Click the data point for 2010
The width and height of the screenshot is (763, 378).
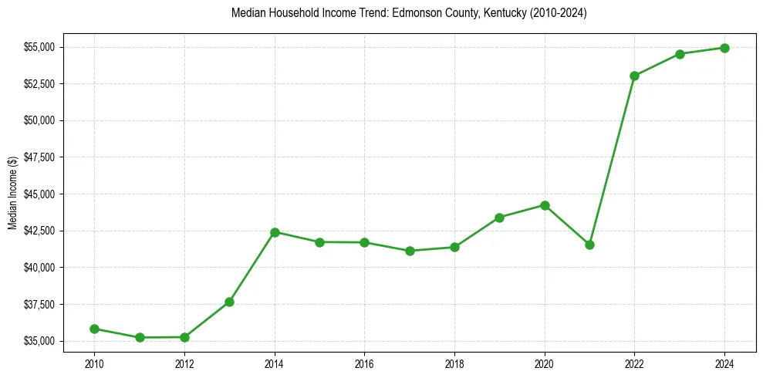[x=94, y=329]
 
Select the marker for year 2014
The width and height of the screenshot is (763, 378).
[x=275, y=232]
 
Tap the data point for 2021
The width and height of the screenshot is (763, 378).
[x=589, y=245]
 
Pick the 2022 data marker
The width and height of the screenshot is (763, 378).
[x=634, y=76]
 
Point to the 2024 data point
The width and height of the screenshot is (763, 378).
[x=724, y=48]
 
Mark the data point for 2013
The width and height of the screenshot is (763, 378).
[x=229, y=302]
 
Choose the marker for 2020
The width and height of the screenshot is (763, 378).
[x=545, y=205]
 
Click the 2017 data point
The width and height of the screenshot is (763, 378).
[x=410, y=251]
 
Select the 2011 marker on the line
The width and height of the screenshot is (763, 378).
[x=140, y=337]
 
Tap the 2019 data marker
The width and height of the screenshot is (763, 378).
[x=499, y=218]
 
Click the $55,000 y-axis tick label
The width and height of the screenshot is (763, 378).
[x=39, y=47]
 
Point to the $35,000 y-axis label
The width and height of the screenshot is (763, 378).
[x=39, y=341]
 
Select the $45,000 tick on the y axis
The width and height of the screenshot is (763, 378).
[x=39, y=194]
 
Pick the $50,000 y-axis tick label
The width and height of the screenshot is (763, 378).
[x=39, y=120]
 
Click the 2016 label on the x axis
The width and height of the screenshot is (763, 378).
[x=364, y=363]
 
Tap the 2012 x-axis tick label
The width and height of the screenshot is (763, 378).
[x=184, y=363]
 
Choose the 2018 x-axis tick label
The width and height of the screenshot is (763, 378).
[x=454, y=363]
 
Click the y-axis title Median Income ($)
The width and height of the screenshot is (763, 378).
[x=13, y=193]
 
